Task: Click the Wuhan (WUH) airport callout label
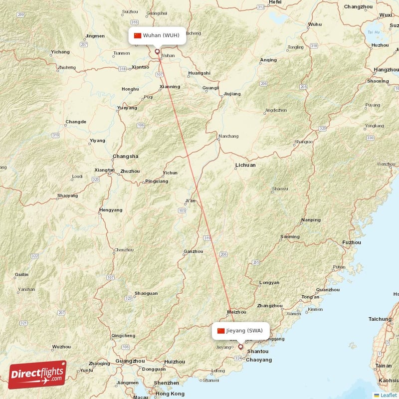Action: (x=157, y=35)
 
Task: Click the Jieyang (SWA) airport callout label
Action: (x=241, y=331)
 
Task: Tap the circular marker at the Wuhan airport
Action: (x=157, y=51)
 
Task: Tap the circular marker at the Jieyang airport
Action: (x=240, y=347)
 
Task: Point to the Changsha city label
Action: (x=126, y=156)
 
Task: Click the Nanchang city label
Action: (x=228, y=136)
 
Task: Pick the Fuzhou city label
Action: (x=351, y=242)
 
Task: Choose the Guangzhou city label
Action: (x=130, y=361)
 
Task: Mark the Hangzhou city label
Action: (x=385, y=70)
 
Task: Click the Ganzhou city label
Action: (x=194, y=251)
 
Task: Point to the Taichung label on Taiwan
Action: (x=380, y=319)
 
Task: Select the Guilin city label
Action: (x=21, y=274)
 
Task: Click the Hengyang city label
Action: (x=111, y=210)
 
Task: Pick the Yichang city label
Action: (x=60, y=52)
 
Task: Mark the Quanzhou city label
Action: (x=328, y=289)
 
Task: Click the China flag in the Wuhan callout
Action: (x=138, y=35)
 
